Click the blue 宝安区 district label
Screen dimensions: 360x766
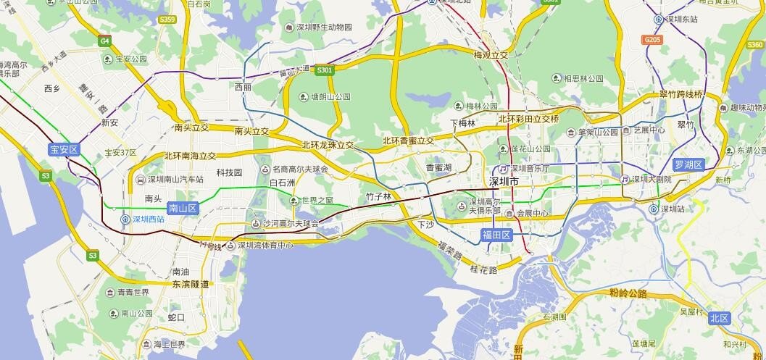click(x=63, y=150)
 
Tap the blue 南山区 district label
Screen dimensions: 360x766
click(x=183, y=208)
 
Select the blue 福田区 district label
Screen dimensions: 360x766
click(x=497, y=235)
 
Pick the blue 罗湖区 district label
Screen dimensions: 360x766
click(x=688, y=164)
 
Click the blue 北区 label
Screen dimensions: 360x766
click(x=720, y=318)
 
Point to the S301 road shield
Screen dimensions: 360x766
click(x=324, y=70)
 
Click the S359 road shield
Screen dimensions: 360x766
click(x=167, y=20)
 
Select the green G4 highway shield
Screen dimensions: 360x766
click(x=105, y=41)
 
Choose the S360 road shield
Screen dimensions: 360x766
click(x=754, y=45)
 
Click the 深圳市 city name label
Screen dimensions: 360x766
click(x=504, y=181)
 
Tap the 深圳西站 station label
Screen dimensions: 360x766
click(x=153, y=218)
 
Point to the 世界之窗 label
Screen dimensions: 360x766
click(x=317, y=200)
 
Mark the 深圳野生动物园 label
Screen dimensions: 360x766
click(x=323, y=28)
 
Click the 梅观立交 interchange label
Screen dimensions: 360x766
click(x=491, y=55)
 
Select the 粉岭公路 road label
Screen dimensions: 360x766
click(x=628, y=293)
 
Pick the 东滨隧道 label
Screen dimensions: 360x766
click(x=190, y=284)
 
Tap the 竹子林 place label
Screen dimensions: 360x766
click(x=378, y=196)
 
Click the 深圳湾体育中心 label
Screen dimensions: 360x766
click(x=265, y=245)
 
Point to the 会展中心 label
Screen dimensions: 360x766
click(x=531, y=214)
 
